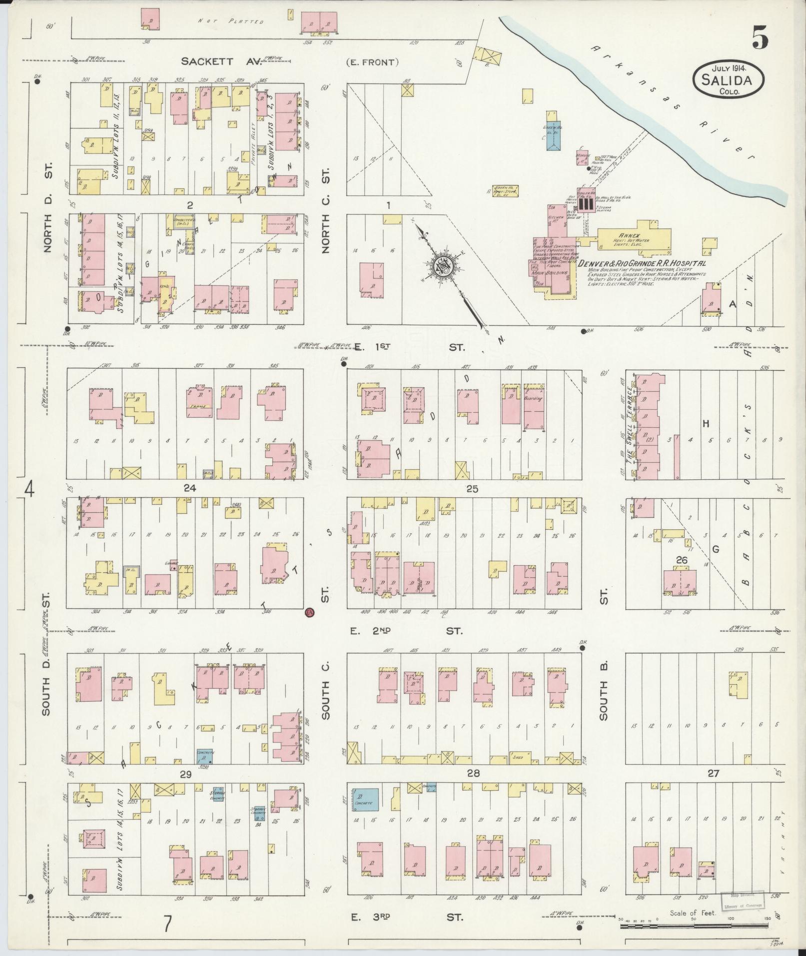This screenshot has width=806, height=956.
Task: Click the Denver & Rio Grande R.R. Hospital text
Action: tap(642, 263)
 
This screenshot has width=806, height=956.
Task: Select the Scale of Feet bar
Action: tap(695, 926)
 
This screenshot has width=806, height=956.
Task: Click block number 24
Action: tap(189, 488)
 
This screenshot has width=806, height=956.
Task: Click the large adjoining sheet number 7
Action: tap(168, 924)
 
